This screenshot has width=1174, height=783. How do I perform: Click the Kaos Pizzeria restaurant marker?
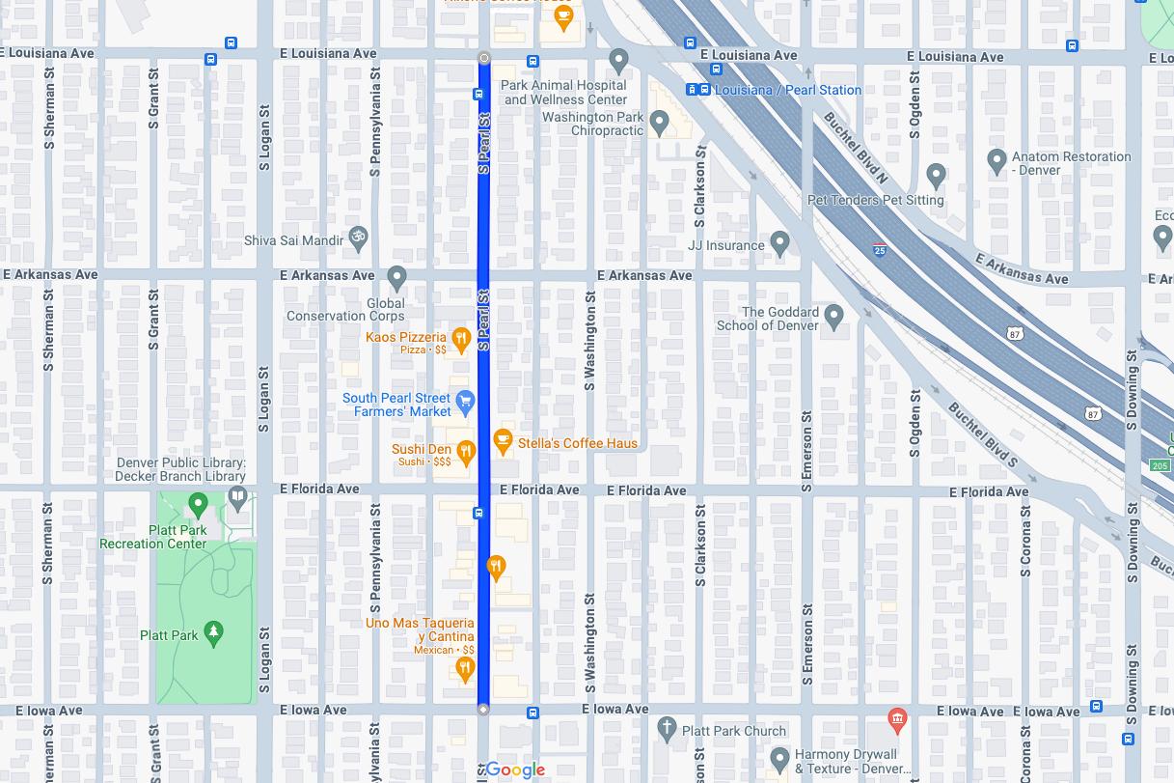tap(461, 338)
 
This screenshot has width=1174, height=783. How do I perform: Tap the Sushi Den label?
tap(421, 449)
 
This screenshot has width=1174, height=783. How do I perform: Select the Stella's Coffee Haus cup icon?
tap(503, 441)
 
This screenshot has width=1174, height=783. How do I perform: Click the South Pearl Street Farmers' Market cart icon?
tap(465, 401)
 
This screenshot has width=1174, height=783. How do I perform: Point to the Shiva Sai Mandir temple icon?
tap(358, 238)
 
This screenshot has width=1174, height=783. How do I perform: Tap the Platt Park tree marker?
tap(214, 632)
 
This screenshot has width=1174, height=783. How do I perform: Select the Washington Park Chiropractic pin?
tap(660, 123)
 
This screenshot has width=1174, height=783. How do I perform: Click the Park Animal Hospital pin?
tap(619, 61)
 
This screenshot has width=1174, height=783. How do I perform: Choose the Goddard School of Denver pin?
tap(834, 316)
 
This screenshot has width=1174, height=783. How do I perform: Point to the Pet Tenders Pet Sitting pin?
tap(936, 175)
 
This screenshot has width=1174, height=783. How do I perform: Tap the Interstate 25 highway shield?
tap(880, 249)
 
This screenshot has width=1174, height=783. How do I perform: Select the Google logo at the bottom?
tap(515, 769)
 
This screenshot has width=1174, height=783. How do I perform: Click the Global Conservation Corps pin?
tap(396, 278)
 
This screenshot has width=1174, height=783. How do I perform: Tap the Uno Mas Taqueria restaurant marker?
tap(465, 667)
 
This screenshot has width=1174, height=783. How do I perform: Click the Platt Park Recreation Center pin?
tap(199, 503)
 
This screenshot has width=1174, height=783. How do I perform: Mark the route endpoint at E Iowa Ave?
tap(483, 710)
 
